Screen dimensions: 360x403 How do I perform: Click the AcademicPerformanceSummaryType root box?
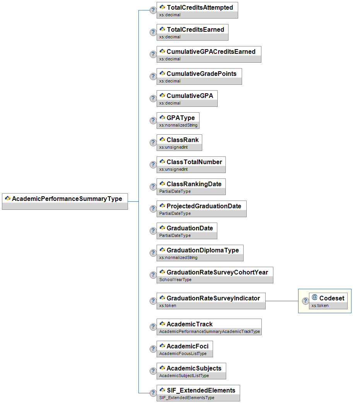point(65,201)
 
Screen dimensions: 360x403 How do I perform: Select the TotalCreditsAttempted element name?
point(200,7)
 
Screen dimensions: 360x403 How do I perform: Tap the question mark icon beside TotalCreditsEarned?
point(153,32)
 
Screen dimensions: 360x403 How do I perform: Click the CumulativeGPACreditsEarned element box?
point(209,54)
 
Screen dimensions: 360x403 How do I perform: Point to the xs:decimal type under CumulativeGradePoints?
point(170,81)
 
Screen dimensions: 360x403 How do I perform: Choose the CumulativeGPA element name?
point(190,96)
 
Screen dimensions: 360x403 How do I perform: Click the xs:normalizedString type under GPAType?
point(178,125)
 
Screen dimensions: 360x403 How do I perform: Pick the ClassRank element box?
point(179,142)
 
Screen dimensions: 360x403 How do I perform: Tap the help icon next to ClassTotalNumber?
point(153,165)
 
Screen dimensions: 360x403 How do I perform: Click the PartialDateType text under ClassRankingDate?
point(175,191)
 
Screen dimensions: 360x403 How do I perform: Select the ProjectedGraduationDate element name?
point(204,206)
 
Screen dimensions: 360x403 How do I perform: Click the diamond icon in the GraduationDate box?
point(162,228)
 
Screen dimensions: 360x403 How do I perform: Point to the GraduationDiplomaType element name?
point(203,250)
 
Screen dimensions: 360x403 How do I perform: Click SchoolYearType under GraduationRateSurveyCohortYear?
point(176,280)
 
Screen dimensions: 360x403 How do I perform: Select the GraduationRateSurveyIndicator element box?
point(211,301)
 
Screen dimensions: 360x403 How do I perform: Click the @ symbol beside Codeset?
point(314,297)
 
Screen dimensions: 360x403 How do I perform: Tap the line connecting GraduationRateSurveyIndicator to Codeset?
point(282,301)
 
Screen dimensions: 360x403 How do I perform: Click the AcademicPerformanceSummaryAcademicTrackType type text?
point(210,331)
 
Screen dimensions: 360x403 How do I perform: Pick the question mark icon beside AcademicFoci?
point(153,349)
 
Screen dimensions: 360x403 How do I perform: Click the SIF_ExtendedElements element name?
point(201,390)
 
